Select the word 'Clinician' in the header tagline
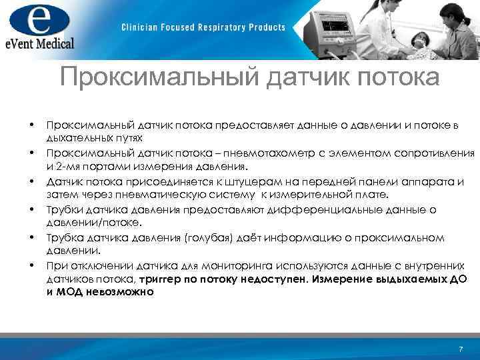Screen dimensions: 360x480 tap(141, 27)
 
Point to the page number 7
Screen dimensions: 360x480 tap(461, 350)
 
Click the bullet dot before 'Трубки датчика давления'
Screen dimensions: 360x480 tap(31, 210)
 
